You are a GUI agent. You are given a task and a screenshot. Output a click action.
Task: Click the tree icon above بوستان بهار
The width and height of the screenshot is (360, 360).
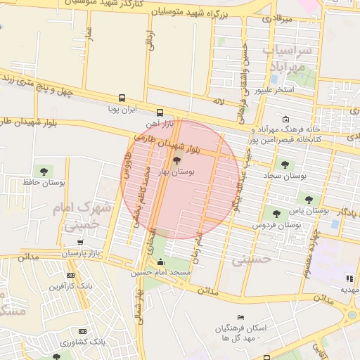point(176,161)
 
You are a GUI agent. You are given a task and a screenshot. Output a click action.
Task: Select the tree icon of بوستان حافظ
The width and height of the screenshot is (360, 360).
point(45,171)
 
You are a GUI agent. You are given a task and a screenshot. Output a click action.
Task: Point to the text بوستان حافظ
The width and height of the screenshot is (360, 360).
point(47,183)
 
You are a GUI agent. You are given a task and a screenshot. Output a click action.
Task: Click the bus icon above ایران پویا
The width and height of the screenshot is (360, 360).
point(122,98)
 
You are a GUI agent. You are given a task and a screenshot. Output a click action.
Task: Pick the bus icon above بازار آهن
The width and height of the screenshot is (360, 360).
point(160,112)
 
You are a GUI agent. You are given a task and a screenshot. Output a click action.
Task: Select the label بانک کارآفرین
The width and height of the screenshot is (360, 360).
point(70,286)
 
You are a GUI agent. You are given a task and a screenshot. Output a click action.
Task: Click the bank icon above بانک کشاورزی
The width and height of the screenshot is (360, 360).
point(83,331)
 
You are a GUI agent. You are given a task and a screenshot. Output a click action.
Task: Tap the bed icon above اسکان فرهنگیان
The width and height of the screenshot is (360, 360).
point(241,318)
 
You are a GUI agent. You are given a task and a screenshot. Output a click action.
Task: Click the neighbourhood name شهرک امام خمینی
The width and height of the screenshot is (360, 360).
point(83,216)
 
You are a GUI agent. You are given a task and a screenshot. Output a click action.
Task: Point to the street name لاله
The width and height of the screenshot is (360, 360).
point(219,101)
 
